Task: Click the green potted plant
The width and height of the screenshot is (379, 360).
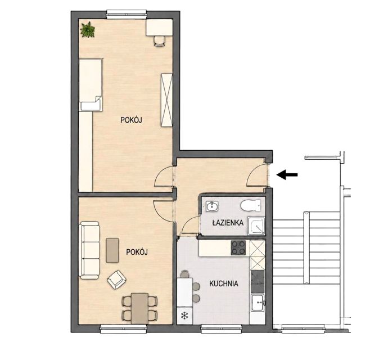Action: [x=88, y=30]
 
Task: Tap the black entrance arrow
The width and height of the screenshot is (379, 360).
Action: [x=287, y=174]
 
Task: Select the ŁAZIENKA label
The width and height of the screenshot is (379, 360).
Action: [x=228, y=222]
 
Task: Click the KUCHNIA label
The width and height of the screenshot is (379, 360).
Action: [x=224, y=283]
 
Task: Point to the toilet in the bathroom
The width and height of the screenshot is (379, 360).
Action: [x=251, y=205]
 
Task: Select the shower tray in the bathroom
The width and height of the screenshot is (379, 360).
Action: [x=256, y=226]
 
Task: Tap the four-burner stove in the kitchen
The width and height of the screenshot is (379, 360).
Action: [x=238, y=248]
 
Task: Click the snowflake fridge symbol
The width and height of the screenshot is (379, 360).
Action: [x=184, y=316]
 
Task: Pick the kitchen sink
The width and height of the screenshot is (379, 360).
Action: [x=258, y=303]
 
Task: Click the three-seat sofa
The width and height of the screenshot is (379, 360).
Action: [x=89, y=250]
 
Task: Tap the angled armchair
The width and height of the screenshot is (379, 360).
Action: [x=116, y=280]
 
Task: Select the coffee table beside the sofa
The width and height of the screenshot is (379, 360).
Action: [x=112, y=250]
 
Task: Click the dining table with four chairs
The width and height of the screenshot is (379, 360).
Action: [x=139, y=308]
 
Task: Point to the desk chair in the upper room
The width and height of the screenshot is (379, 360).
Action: [x=160, y=40]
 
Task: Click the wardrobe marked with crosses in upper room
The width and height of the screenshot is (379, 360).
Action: [x=167, y=100]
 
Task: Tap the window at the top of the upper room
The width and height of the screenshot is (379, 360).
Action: [x=127, y=14]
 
